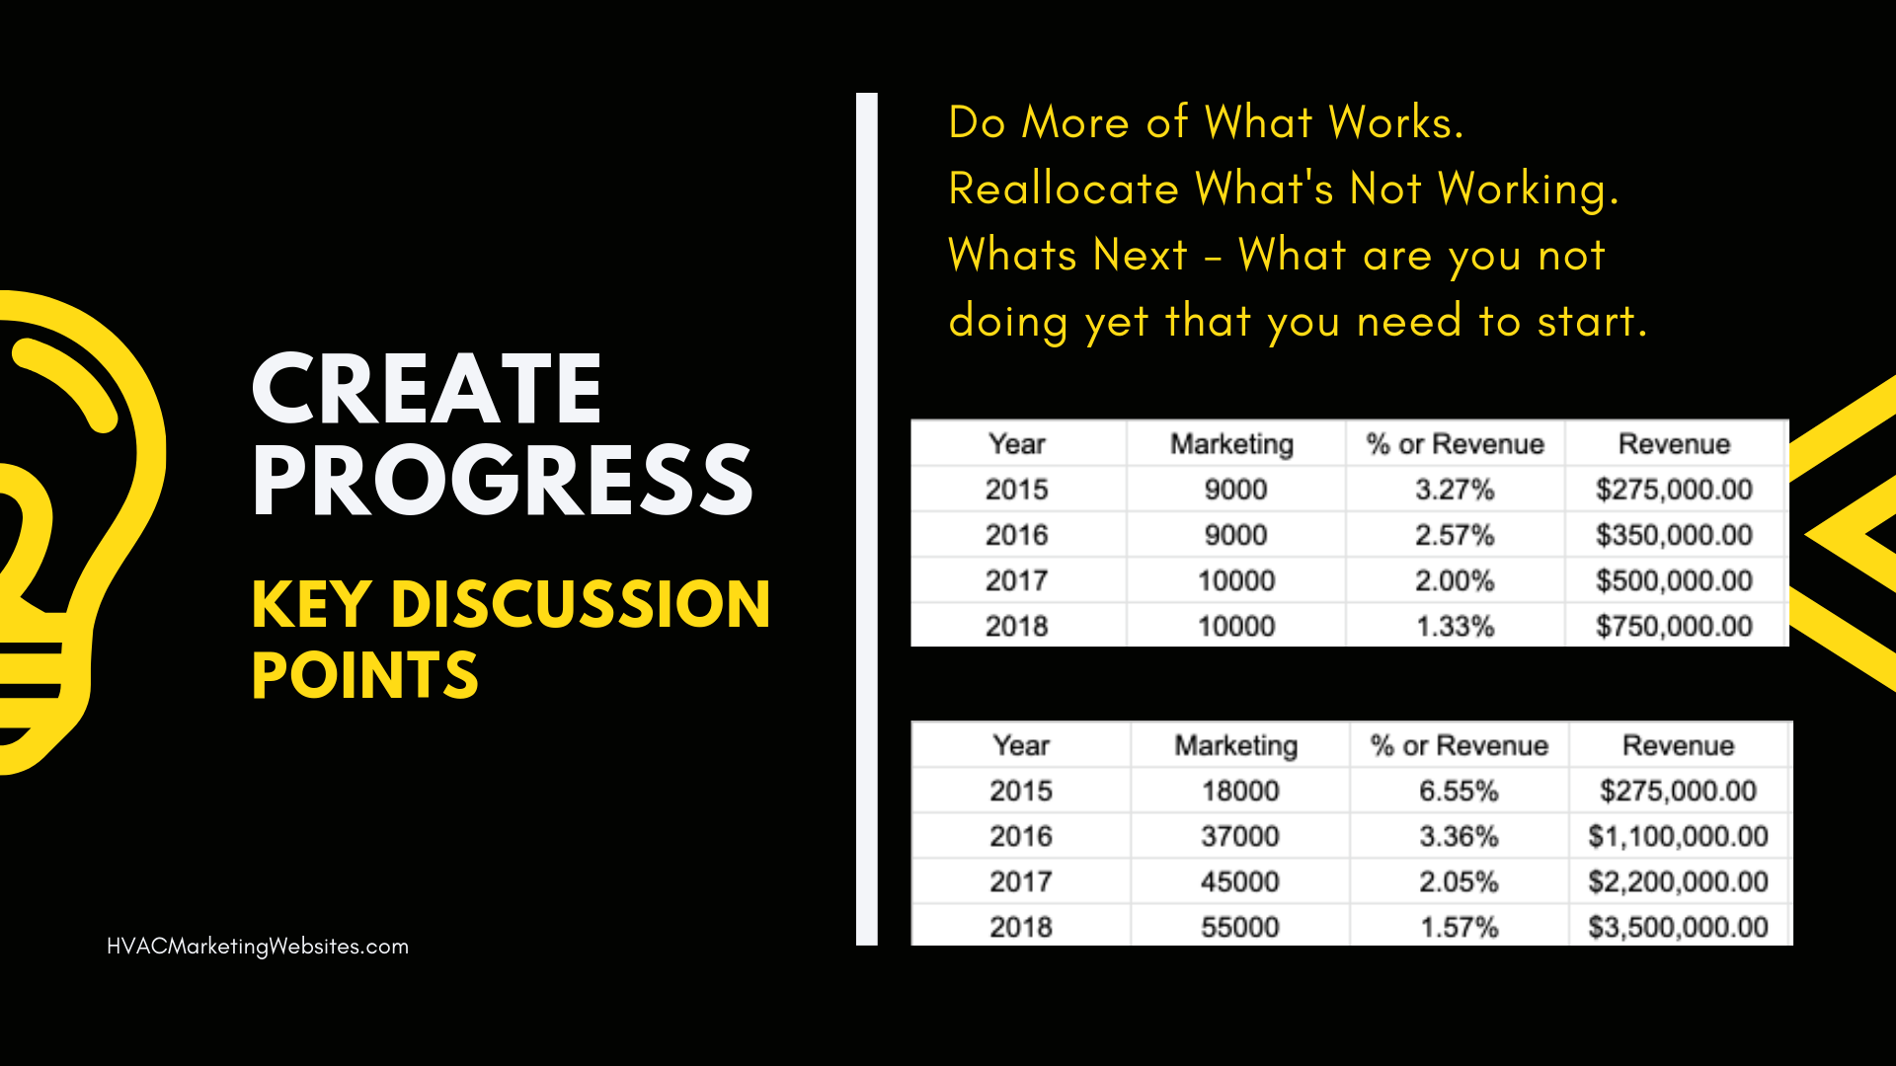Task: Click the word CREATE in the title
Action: click(427, 388)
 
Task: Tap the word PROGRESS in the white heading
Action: click(503, 480)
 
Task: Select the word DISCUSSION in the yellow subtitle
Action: click(581, 604)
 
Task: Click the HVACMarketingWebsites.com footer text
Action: click(258, 946)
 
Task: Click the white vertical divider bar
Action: click(867, 519)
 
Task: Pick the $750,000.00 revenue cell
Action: click(1674, 626)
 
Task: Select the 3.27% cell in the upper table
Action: click(1455, 490)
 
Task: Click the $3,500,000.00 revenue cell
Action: click(1678, 927)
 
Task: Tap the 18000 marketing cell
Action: click(1240, 791)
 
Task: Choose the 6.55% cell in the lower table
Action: click(1459, 791)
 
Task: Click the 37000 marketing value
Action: click(1240, 836)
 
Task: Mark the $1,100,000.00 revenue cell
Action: click(1678, 836)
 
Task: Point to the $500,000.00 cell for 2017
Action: click(1674, 580)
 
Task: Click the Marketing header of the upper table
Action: click(1232, 444)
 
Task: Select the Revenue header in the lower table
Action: click(1678, 745)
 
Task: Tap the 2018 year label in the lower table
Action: click(1021, 927)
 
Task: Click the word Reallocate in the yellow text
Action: click(1064, 189)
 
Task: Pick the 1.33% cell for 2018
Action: click(1455, 626)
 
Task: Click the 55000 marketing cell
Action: click(1240, 927)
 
